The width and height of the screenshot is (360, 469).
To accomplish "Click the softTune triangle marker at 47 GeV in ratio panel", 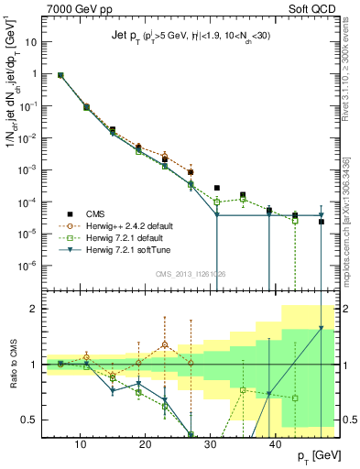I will [321, 327].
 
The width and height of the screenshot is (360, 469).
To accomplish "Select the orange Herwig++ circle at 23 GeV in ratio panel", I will [165, 345].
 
